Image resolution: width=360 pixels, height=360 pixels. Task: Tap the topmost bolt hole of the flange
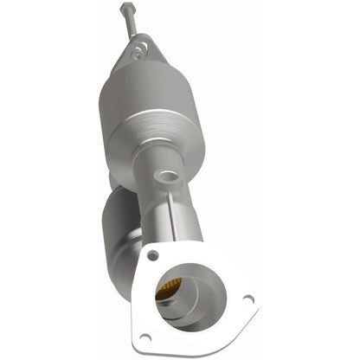(153, 255)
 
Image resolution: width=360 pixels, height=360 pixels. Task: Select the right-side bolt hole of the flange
(247, 299)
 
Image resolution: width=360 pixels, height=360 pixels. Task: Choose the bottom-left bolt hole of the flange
(145, 337)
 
